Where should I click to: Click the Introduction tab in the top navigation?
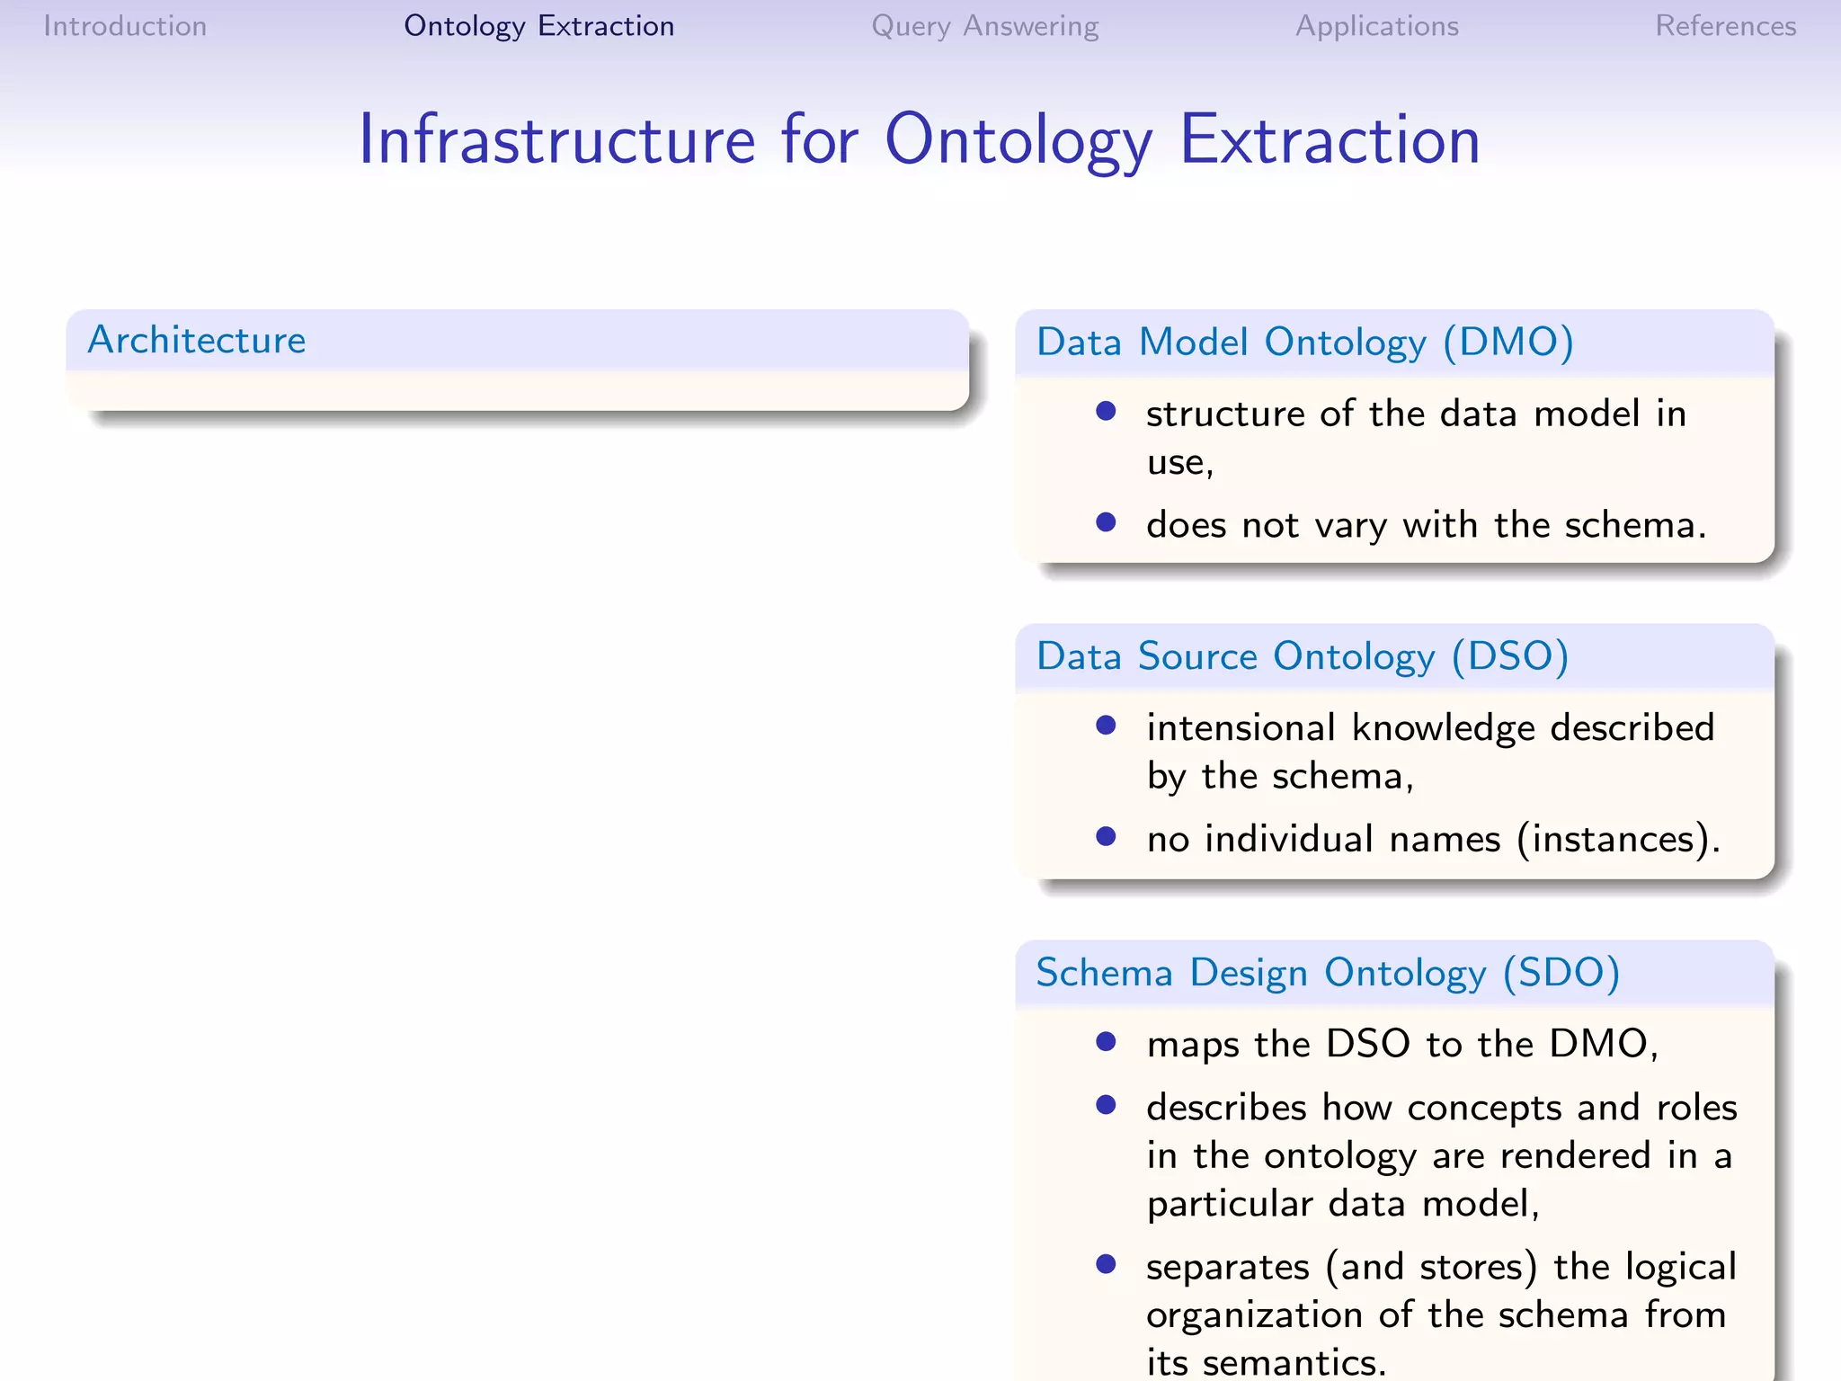click(x=125, y=26)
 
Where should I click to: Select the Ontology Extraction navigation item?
click(x=538, y=26)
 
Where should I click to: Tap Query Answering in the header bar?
click(x=984, y=26)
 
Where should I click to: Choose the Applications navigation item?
click(x=1376, y=26)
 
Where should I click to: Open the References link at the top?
click(x=1725, y=26)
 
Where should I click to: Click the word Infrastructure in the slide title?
click(x=556, y=140)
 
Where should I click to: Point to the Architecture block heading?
click(x=197, y=340)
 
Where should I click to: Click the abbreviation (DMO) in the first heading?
click(x=1507, y=343)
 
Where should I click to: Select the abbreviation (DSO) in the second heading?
click(x=1510, y=656)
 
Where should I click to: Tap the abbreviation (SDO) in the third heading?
click(x=1561, y=973)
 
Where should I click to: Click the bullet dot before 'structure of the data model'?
click(x=1106, y=412)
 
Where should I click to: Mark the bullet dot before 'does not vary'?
click(x=1106, y=522)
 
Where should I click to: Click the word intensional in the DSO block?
click(x=1241, y=727)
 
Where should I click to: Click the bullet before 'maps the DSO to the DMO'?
click(x=1106, y=1042)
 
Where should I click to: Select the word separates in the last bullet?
click(x=1227, y=1267)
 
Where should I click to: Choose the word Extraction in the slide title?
click(x=1330, y=140)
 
